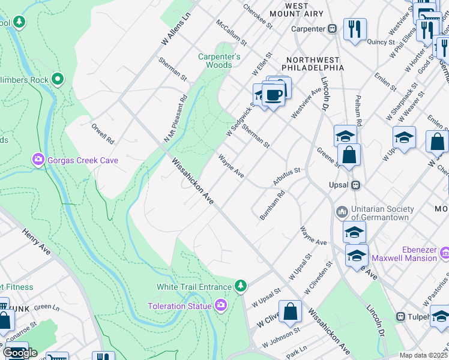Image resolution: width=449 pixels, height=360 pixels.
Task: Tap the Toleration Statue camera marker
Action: click(220, 306)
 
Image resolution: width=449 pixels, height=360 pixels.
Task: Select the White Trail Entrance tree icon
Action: click(241, 286)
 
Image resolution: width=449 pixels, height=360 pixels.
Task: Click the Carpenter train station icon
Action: click(331, 28)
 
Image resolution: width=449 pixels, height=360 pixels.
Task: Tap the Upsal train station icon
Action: click(355, 185)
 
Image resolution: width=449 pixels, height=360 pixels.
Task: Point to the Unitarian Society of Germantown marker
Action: click(342, 212)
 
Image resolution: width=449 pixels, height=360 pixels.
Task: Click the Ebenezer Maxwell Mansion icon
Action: click(445, 253)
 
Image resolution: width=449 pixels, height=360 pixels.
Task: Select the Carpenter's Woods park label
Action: click(220, 61)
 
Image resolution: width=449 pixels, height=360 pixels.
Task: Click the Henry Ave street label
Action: click(36, 239)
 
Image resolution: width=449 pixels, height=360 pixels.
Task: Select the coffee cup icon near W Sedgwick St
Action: click(274, 94)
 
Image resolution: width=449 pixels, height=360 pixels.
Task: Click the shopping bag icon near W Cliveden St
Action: click(291, 312)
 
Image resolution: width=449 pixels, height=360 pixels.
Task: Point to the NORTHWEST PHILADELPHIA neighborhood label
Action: click(315, 64)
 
